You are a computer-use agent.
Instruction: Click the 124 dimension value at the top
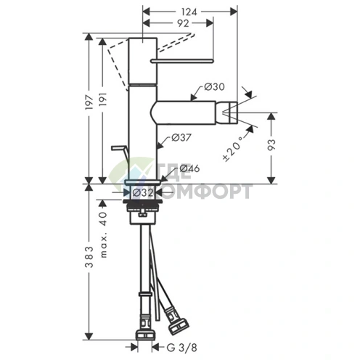coord(189,12)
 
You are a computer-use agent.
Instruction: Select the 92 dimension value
coord(183,23)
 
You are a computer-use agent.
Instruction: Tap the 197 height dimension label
coord(89,102)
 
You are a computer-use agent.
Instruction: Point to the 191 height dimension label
coord(103,99)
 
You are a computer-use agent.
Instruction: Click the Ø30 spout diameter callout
coord(214,86)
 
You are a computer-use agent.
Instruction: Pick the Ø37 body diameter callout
coord(181,138)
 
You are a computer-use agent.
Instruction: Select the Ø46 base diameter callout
coord(189,168)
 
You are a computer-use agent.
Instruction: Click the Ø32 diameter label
coord(143,193)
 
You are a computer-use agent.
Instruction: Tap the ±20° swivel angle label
coord(232,149)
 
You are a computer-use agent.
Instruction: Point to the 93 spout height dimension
coord(271,145)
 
